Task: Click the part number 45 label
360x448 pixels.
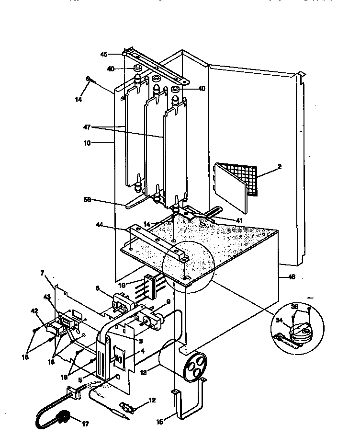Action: tap(104, 54)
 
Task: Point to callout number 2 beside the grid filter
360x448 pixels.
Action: tap(279, 167)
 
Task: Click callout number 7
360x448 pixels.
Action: tap(42, 273)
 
